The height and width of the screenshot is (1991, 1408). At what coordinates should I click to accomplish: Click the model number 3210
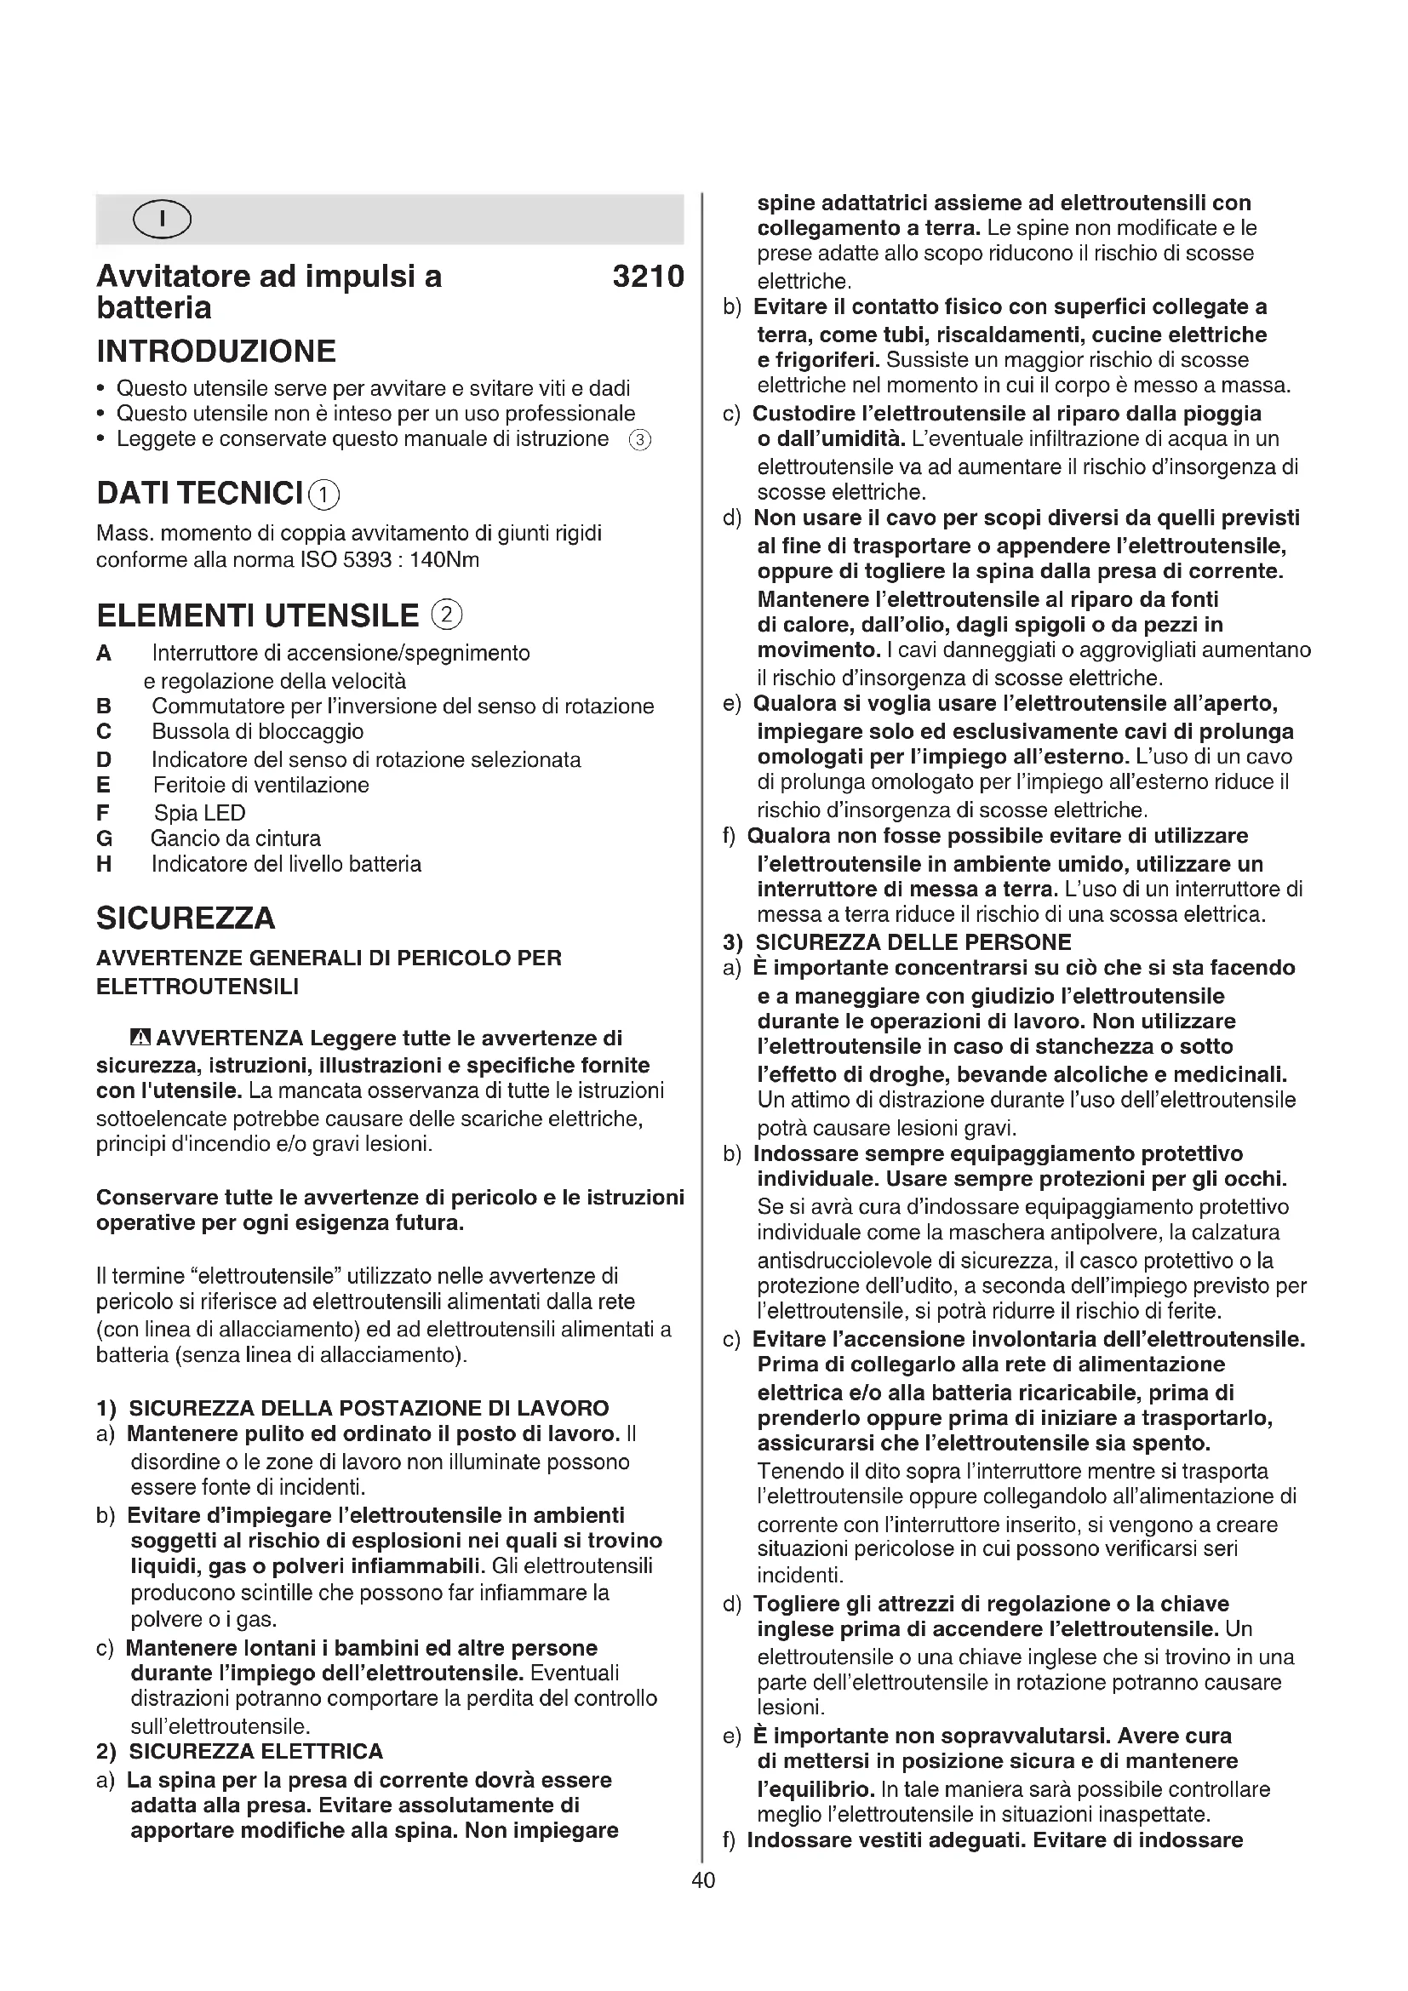click(648, 277)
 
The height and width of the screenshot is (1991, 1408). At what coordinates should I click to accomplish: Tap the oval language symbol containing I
click(162, 220)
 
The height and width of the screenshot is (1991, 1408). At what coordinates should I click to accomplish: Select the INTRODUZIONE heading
click(216, 352)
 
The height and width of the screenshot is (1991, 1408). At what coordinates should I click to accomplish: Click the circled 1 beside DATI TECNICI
click(324, 495)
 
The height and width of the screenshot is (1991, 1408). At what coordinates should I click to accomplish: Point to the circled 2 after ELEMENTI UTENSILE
click(447, 615)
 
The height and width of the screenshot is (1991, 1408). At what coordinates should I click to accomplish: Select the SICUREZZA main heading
click(186, 918)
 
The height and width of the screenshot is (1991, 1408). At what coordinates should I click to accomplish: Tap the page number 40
click(703, 1880)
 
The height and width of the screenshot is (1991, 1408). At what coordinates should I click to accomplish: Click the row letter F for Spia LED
click(103, 814)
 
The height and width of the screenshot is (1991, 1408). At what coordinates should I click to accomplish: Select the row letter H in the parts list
click(104, 865)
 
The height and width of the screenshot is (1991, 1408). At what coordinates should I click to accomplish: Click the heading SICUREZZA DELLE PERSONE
click(913, 942)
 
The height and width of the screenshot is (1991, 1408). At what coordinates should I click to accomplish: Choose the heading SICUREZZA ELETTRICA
click(255, 1752)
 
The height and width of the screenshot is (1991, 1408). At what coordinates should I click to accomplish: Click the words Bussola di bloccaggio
click(257, 732)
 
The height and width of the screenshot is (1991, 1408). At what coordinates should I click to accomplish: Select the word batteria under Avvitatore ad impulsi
click(154, 308)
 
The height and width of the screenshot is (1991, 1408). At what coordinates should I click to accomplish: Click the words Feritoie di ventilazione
click(261, 786)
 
